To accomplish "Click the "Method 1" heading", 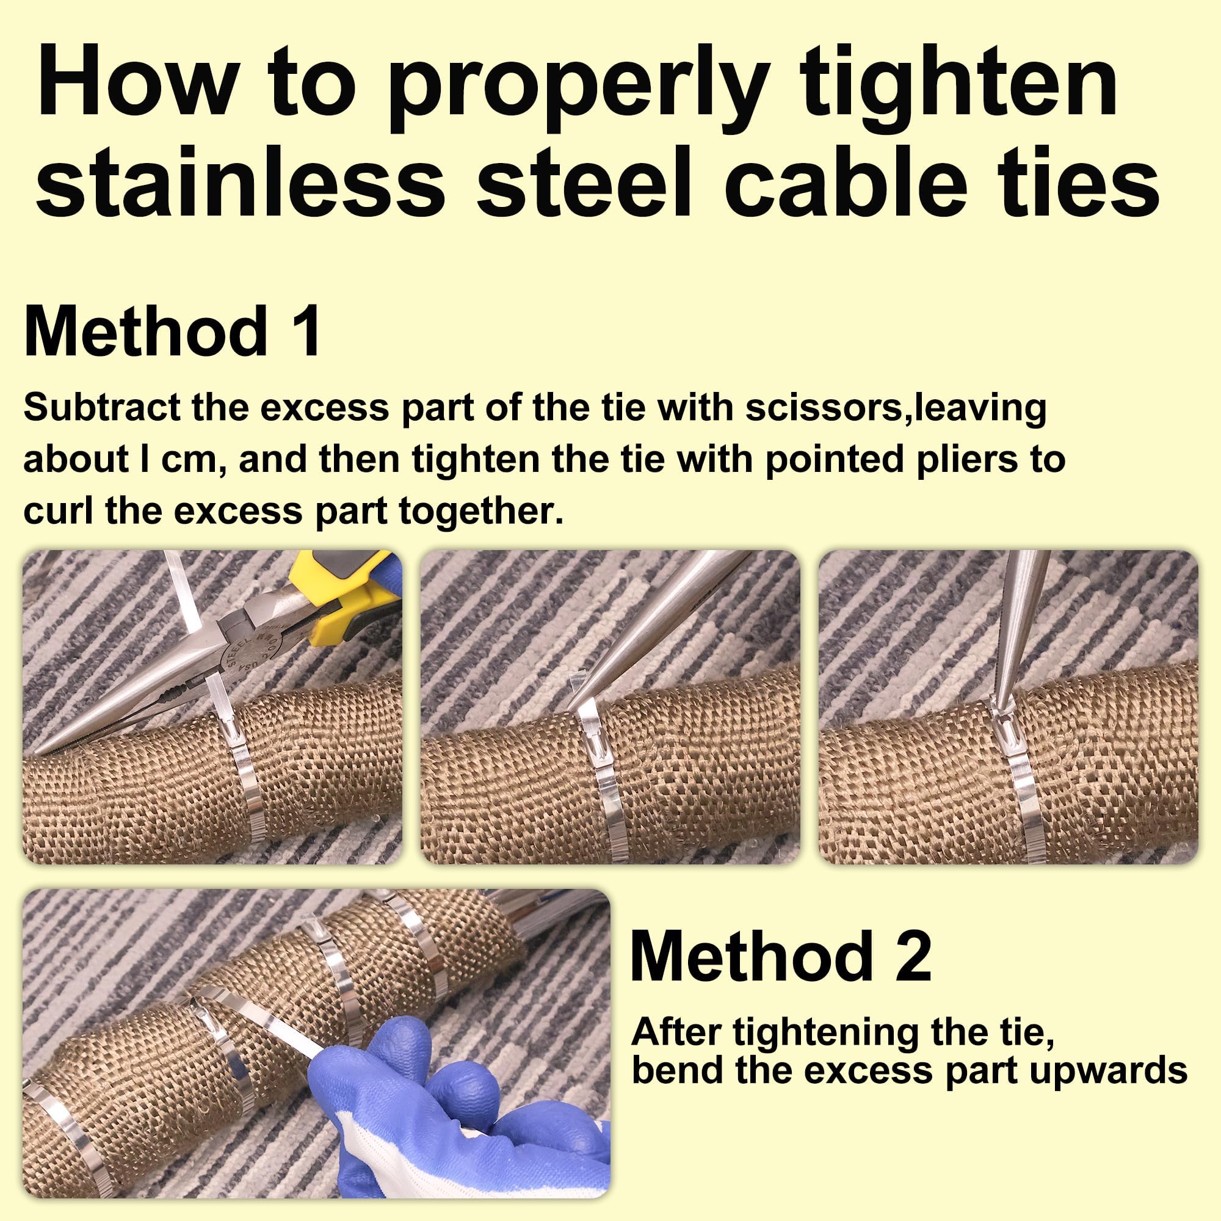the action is click(173, 331).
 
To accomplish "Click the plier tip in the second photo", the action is click(573, 705).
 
